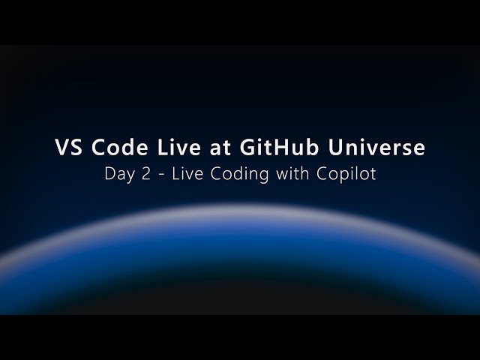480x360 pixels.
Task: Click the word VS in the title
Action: pyautogui.click(x=70, y=148)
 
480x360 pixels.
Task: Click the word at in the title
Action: pyautogui.click(x=222, y=148)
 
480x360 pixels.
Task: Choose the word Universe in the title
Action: pyautogui.click(x=376, y=148)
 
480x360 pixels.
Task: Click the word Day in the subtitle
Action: pyautogui.click(x=119, y=175)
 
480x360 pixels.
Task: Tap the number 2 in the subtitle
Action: pyautogui.click(x=147, y=175)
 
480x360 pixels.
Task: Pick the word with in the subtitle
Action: pyautogui.click(x=286, y=175)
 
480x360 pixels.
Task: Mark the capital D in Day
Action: pyautogui.click(x=110, y=175)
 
